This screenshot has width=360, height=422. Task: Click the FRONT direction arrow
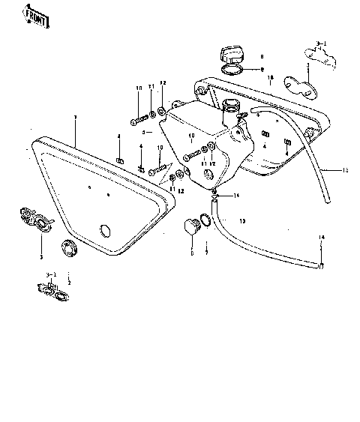pos(35,16)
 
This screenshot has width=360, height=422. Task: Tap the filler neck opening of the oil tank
pos(232,107)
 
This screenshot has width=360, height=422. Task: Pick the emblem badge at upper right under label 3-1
pos(317,54)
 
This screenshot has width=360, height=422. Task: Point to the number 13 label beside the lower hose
pos(241,221)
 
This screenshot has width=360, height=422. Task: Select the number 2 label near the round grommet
pos(69,283)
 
